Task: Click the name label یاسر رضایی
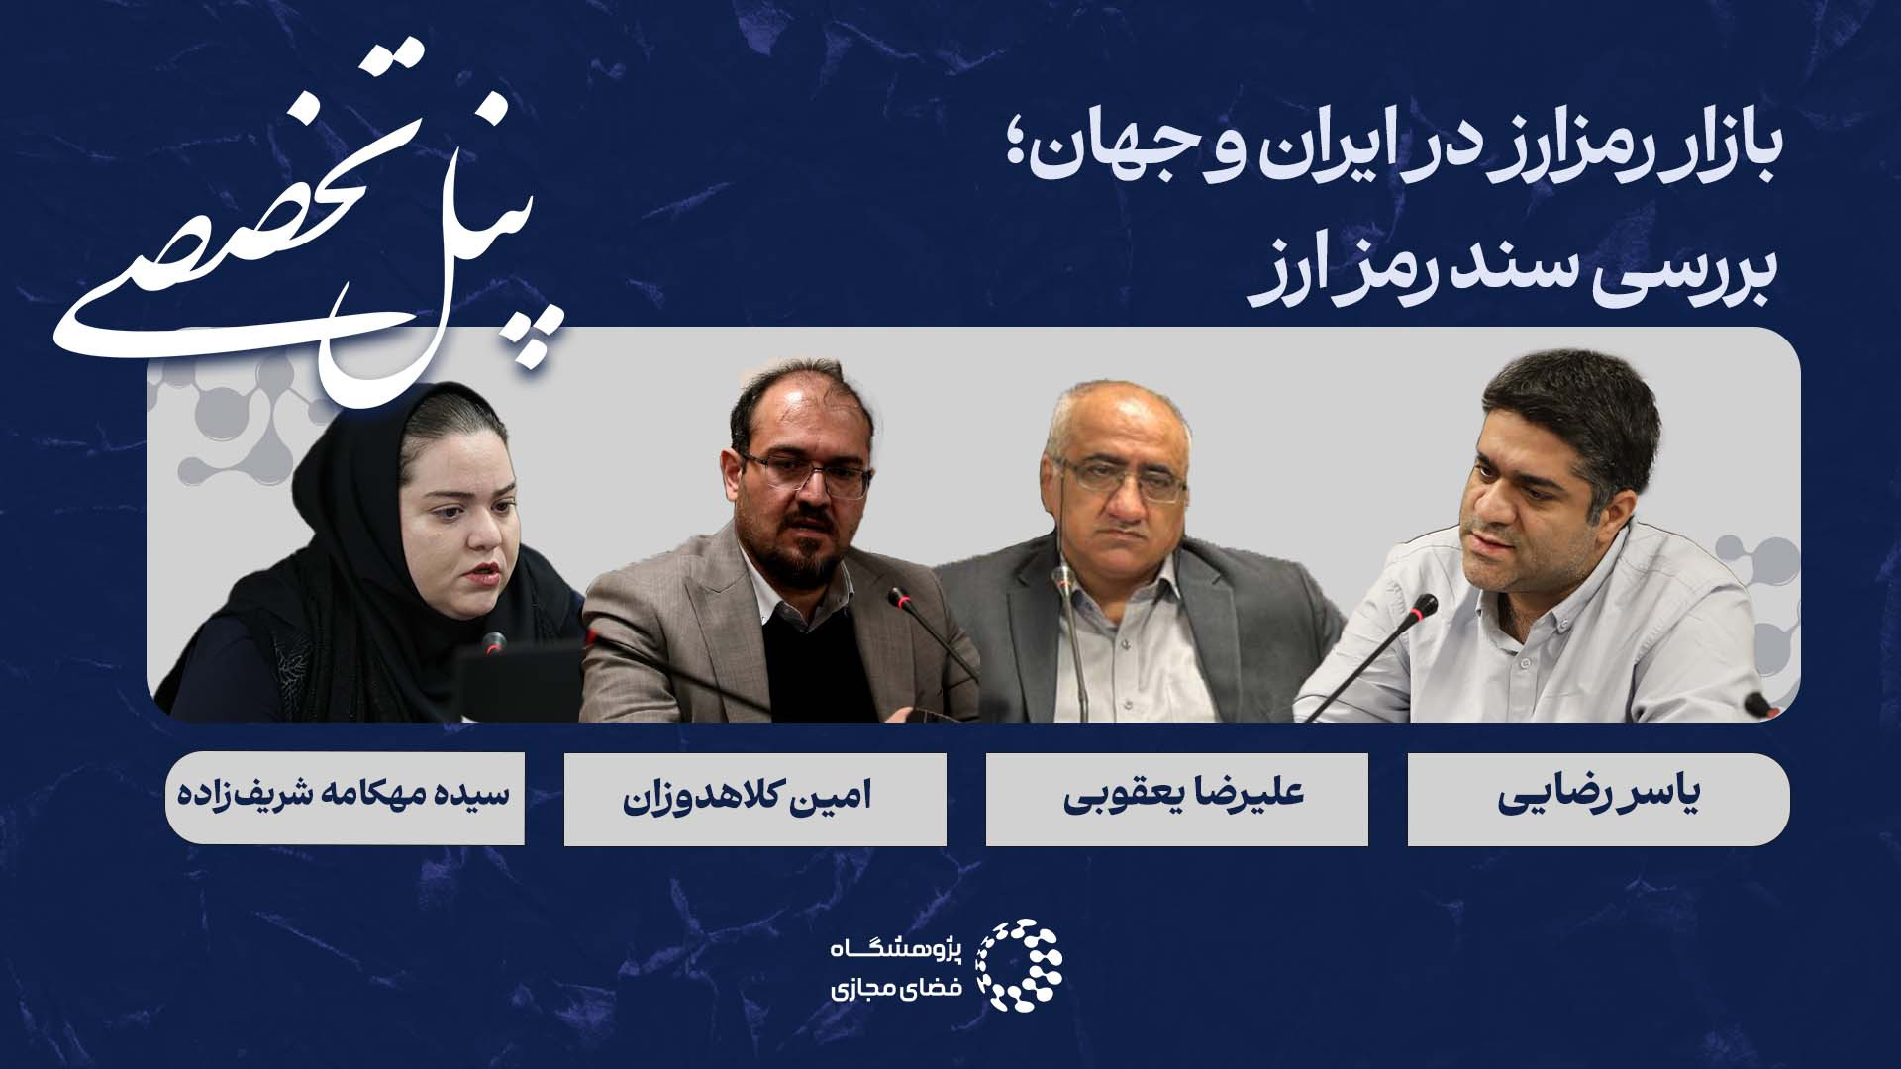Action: [1598, 800]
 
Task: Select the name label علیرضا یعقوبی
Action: [1177, 800]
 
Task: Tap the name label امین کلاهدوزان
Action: [755, 800]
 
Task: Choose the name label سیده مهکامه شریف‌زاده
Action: [345, 799]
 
